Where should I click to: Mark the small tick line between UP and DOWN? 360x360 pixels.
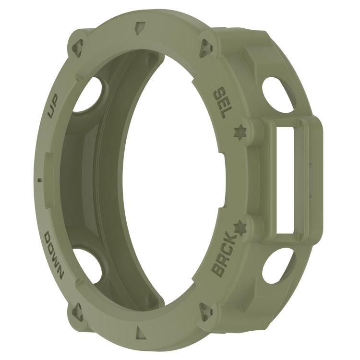tap(39, 180)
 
